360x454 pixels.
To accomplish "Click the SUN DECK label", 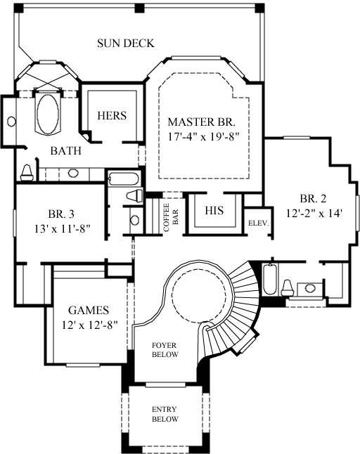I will (x=125, y=44).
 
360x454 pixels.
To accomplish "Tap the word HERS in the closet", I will (x=111, y=115).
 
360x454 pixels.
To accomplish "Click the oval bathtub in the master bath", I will (x=48, y=114).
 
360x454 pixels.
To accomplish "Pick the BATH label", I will (x=65, y=150).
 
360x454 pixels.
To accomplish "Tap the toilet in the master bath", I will (x=27, y=171).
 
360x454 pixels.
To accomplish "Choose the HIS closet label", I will (x=214, y=210).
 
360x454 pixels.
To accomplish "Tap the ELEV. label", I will (x=255, y=223).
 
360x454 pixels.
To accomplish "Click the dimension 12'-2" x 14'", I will (x=314, y=213).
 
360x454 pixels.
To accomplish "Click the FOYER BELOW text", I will (x=166, y=349).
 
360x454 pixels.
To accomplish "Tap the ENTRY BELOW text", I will (x=166, y=414).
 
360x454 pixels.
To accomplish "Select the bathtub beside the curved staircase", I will (x=269, y=280).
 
